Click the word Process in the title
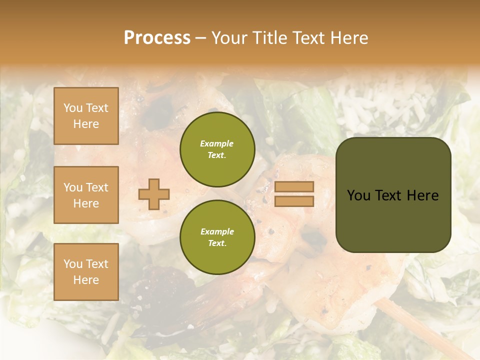click(x=157, y=38)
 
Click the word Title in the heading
click(x=270, y=38)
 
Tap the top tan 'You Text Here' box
click(x=86, y=116)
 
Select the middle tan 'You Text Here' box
click(x=86, y=195)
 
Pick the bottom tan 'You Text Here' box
click(x=86, y=271)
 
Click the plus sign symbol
click(x=154, y=194)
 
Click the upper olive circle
click(x=217, y=149)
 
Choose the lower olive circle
click(x=217, y=237)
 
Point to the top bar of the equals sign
click(x=294, y=186)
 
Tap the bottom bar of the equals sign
click(x=294, y=201)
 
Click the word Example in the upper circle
click(x=217, y=143)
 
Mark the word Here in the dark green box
click(x=422, y=195)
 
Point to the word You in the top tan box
click(x=72, y=108)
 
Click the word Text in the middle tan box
click(x=96, y=187)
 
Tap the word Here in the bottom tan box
click(x=86, y=280)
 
